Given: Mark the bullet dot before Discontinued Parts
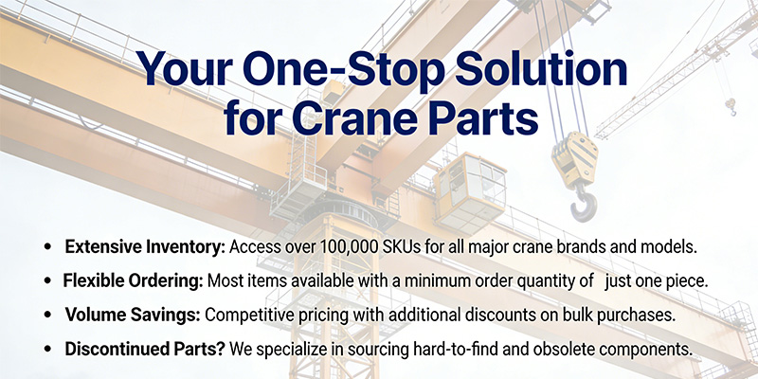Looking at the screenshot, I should [47, 350].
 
